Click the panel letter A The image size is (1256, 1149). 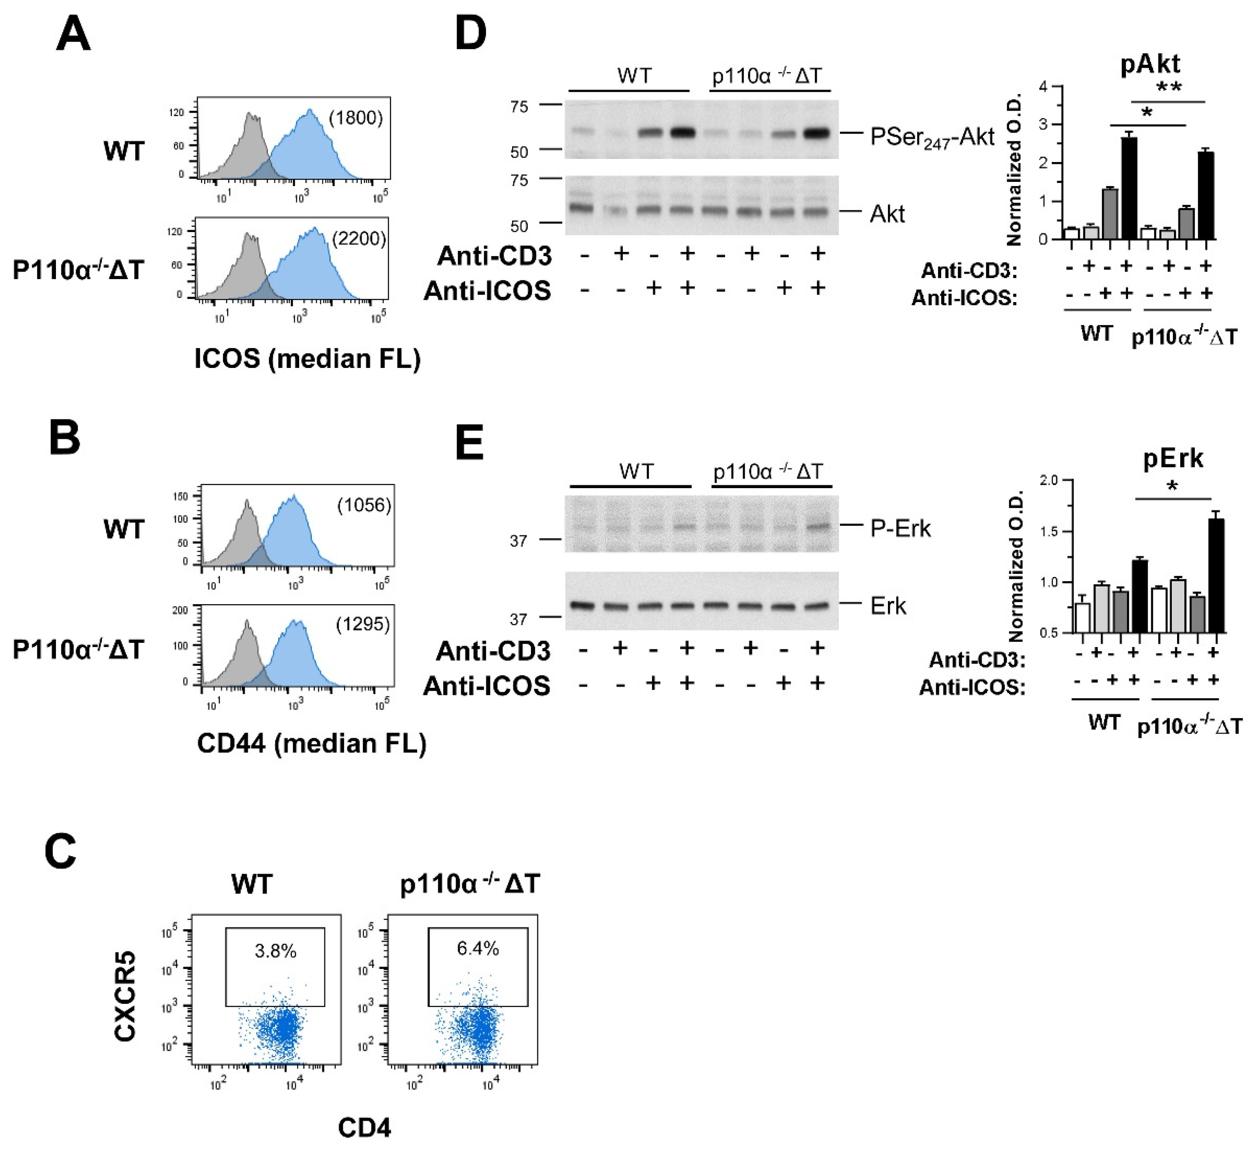pyautogui.click(x=74, y=36)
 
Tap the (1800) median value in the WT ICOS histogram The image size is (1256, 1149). pyautogui.click(x=355, y=118)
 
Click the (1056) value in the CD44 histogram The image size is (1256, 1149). pyautogui.click(x=364, y=505)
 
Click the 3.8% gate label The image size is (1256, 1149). pyautogui.click(x=275, y=951)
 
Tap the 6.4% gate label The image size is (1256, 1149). pyautogui.click(x=478, y=948)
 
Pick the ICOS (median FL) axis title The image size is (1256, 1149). pyautogui.click(x=308, y=359)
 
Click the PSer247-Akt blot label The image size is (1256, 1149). pyautogui.click(x=932, y=137)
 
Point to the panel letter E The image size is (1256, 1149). pyautogui.click(x=470, y=443)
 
